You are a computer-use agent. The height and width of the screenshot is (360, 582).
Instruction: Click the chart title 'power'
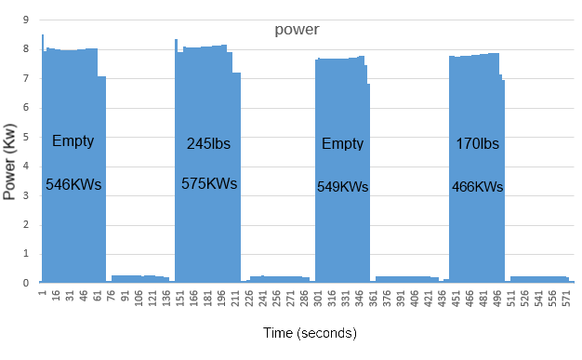point(297,29)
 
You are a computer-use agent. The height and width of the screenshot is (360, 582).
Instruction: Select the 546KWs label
point(73,184)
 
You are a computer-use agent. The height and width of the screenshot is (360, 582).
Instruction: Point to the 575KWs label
point(209,183)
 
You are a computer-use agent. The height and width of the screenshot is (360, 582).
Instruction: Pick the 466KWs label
point(477,186)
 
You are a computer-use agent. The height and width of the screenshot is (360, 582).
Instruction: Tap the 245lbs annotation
point(208,143)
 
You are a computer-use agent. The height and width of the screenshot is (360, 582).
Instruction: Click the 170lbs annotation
point(477,143)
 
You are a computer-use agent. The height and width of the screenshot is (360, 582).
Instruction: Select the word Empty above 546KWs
point(73,140)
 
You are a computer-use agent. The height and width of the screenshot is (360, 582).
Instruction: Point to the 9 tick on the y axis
point(26,20)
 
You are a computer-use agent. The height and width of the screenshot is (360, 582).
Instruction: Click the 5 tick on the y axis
point(26,137)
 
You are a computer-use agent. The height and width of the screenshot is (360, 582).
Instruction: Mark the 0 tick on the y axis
point(26,283)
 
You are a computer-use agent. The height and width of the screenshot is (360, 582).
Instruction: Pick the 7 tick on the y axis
point(26,78)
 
